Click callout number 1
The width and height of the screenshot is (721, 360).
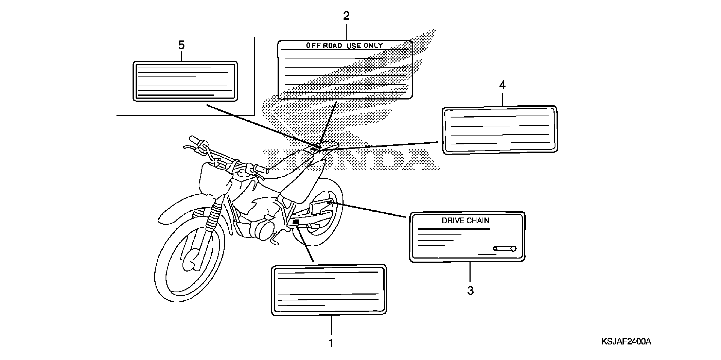pyautogui.click(x=331, y=343)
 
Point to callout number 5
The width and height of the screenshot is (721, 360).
pyautogui.click(x=181, y=45)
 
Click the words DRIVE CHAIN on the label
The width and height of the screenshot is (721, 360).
pyautogui.click(x=465, y=221)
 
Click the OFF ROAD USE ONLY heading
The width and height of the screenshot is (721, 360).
pyautogui.click(x=344, y=46)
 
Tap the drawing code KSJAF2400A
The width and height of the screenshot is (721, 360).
pyautogui.click(x=626, y=342)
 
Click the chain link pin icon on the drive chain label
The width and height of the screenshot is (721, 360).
pyautogui.click(x=505, y=248)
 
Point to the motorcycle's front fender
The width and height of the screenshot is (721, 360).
pyautogui.click(x=179, y=208)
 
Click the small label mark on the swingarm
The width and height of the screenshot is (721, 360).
pyautogui.click(x=295, y=222)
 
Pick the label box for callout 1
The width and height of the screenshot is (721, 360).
pyautogui.click(x=329, y=290)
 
